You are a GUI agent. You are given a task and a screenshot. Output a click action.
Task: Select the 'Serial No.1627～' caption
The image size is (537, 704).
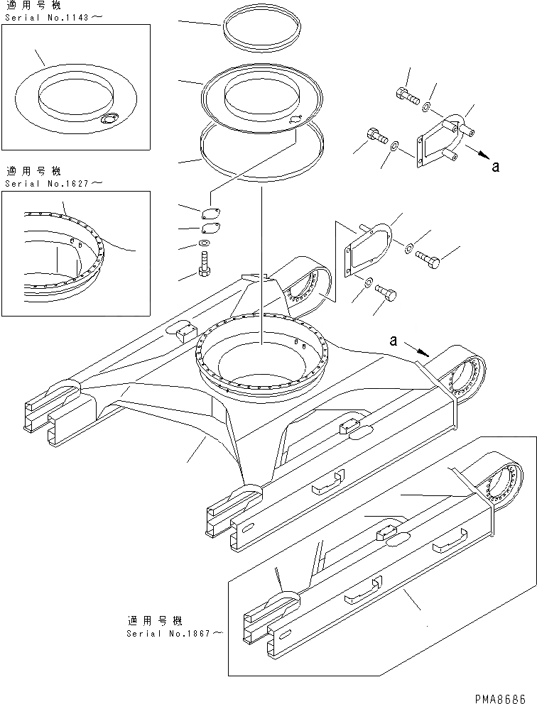tap(54, 183)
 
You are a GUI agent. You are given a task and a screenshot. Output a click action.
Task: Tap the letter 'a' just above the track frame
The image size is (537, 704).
tap(393, 341)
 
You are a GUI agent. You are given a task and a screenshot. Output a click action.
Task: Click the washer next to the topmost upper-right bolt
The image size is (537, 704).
tap(425, 107)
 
